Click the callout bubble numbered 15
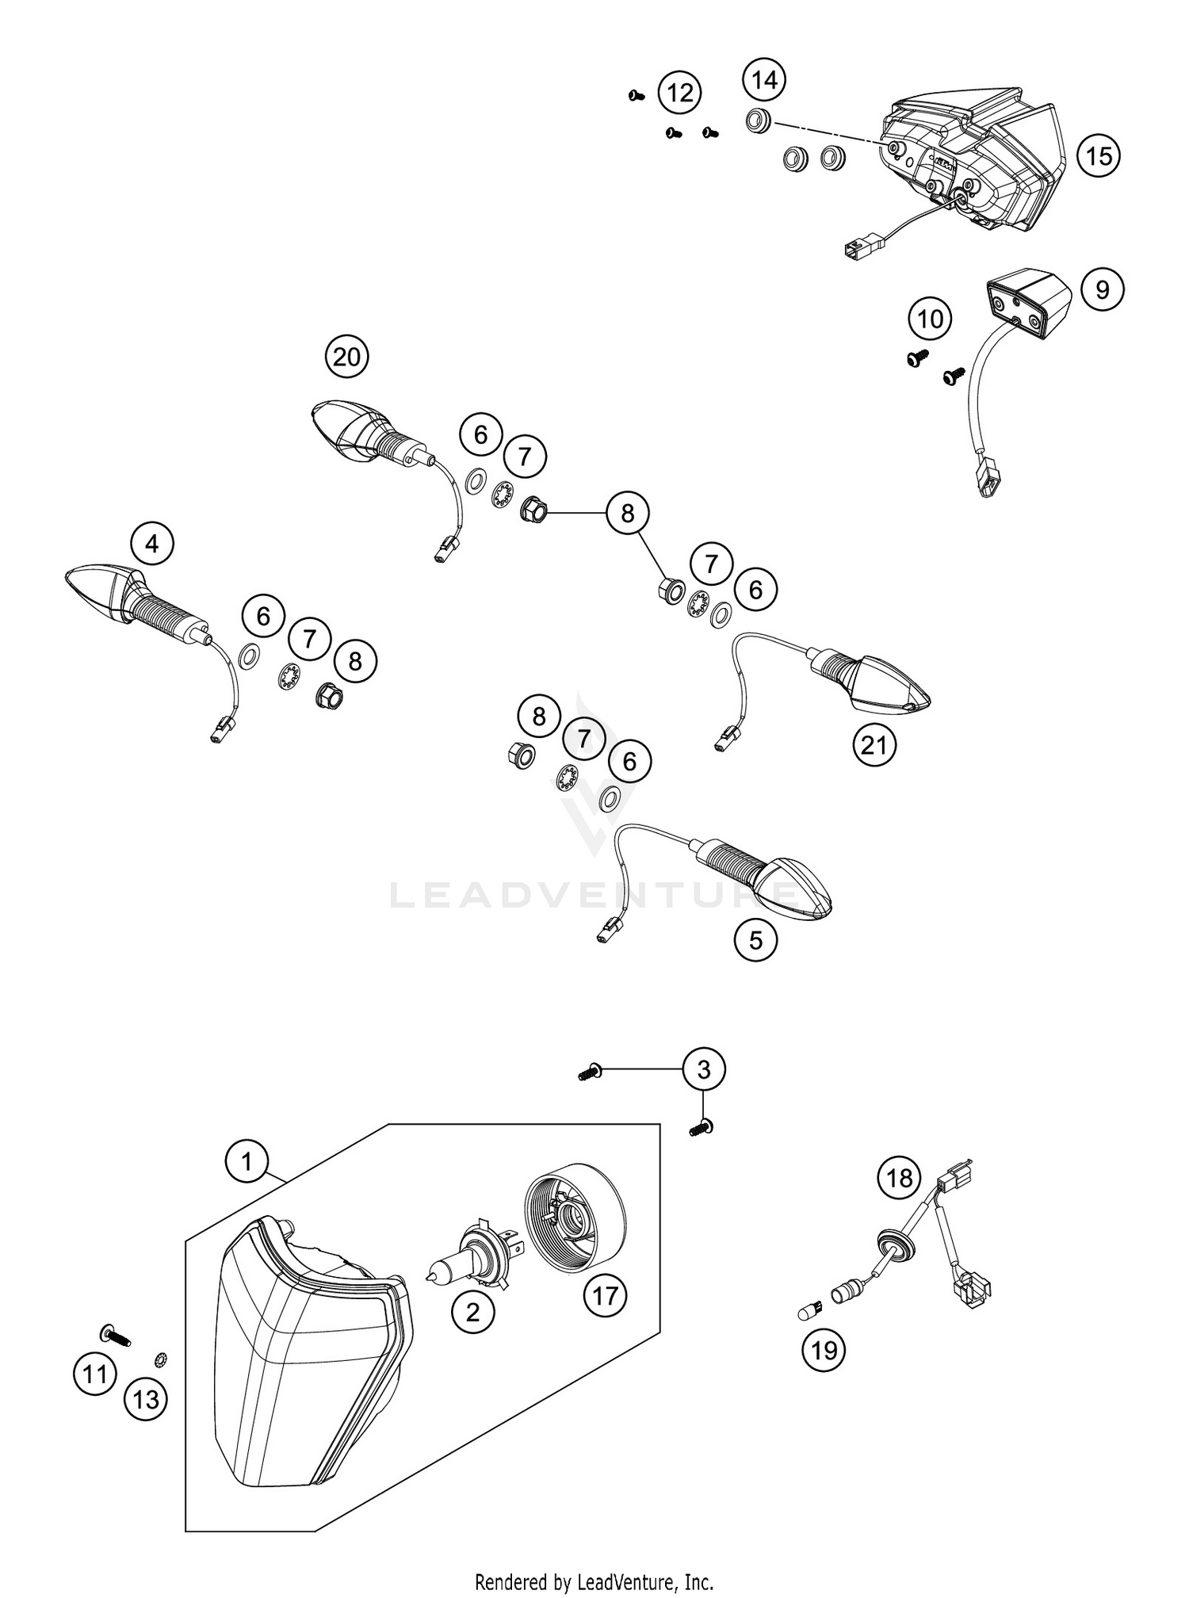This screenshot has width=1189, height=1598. click(1099, 155)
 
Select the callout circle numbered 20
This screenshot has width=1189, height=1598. click(346, 357)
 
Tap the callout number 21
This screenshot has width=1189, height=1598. click(874, 746)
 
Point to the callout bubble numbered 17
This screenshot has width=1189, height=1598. click(605, 1296)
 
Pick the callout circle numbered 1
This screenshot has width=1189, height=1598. click(247, 1162)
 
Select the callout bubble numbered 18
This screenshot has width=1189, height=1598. click(899, 1178)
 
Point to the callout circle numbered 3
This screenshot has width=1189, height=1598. click(704, 1070)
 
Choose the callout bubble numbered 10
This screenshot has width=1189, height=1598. click(930, 319)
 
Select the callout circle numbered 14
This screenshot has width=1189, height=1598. click(764, 80)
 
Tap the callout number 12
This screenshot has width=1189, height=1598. click(679, 94)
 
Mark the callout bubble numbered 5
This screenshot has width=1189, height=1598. click(755, 940)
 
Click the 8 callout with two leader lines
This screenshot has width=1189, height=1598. click(627, 514)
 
